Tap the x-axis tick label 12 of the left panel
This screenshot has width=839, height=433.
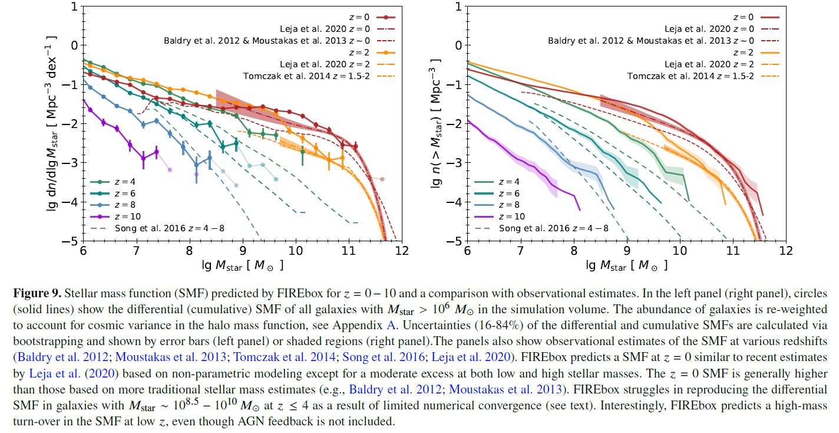(x=402, y=250)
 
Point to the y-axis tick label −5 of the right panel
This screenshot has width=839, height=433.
(x=454, y=241)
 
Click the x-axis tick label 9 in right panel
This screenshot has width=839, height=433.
(x=627, y=250)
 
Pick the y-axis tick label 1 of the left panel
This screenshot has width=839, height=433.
(x=74, y=7)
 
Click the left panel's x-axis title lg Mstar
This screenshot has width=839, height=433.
(x=233, y=265)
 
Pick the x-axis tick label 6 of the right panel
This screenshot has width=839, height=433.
(x=467, y=250)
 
